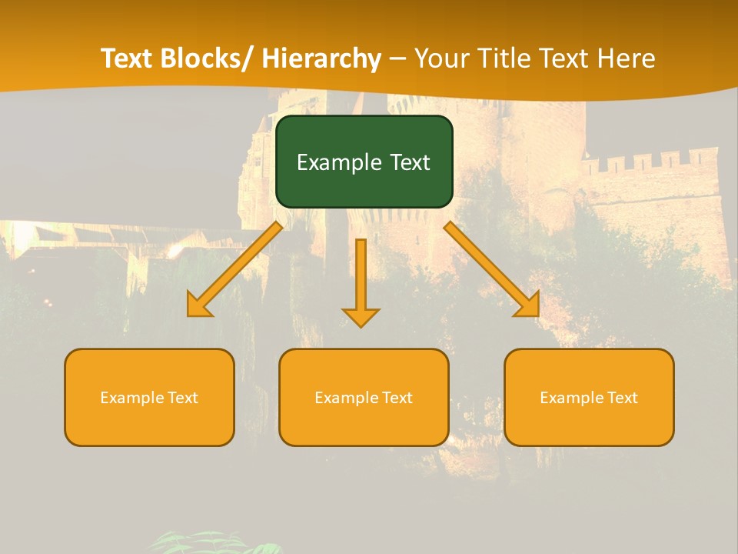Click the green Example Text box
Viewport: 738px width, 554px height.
point(364,162)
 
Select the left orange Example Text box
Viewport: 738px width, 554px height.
point(149,397)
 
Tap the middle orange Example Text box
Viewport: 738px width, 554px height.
point(364,397)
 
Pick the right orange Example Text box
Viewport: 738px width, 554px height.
point(589,397)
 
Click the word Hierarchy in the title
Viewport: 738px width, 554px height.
point(321,58)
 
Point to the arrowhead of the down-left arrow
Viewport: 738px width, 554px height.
point(198,307)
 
